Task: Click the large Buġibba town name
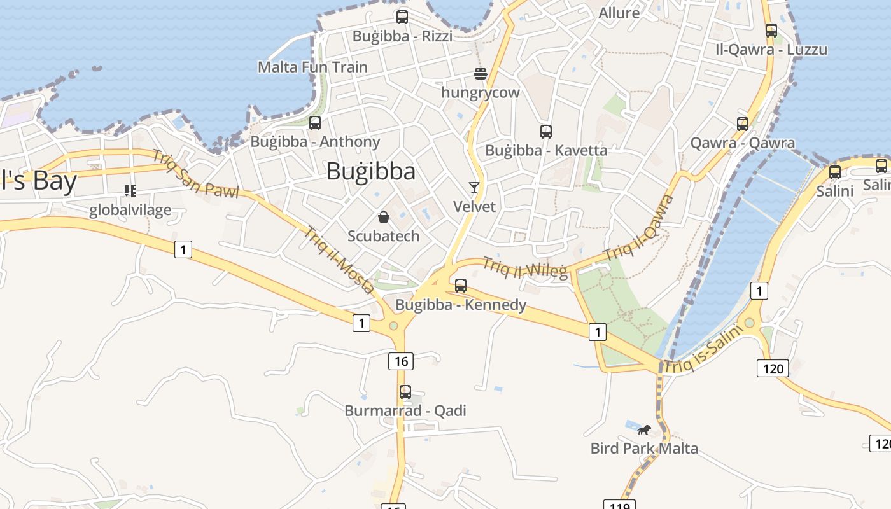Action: pos(370,171)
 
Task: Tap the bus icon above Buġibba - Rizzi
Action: pos(402,17)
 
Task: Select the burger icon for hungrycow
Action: pos(481,74)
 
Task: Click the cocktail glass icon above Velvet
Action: pos(474,187)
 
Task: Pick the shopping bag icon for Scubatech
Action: pos(384,217)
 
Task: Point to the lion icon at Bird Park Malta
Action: pos(643,429)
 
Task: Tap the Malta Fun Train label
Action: pos(312,67)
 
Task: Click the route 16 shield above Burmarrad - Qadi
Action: pos(401,361)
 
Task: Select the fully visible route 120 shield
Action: pos(773,368)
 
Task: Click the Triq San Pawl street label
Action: pos(195,173)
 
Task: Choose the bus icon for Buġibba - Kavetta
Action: pos(546,132)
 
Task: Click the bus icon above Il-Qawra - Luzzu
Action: pos(771,30)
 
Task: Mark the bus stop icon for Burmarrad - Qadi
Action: pos(405,392)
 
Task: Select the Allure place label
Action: pos(619,13)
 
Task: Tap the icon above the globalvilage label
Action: pos(130,191)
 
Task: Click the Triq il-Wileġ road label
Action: pos(525,267)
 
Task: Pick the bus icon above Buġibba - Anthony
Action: pos(315,123)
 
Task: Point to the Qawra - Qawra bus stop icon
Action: pos(743,124)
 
